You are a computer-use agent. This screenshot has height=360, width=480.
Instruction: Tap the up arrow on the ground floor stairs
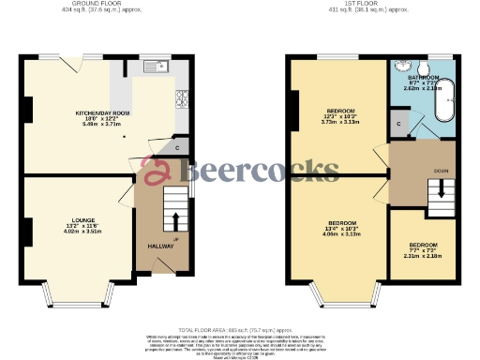click(174, 221)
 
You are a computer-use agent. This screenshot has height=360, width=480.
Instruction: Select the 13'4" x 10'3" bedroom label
click(338, 229)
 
